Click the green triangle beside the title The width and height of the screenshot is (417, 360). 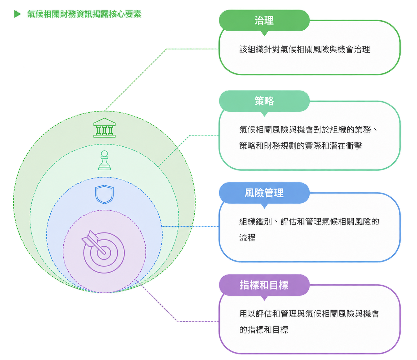coord(18,14)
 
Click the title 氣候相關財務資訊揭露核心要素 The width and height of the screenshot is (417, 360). coord(84,14)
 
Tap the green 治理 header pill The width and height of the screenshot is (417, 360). coord(264,21)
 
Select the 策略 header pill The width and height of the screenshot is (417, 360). coord(264,101)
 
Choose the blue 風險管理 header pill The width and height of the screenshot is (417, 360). coord(264,193)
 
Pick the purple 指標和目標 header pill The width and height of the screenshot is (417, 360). coord(264,285)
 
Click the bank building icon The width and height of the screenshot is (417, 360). coord(104,128)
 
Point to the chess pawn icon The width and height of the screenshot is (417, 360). coord(104,160)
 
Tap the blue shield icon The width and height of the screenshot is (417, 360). coord(104,195)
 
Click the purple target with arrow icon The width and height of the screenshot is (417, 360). coord(103,252)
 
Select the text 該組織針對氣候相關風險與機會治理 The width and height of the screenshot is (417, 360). coord(304,49)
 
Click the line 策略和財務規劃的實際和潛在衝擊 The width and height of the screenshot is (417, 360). coord(300,146)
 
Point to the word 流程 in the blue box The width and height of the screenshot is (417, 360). coord(247,238)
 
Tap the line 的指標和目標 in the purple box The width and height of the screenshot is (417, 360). coord(264,330)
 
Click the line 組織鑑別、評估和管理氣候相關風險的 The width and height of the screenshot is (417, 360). coord(309,222)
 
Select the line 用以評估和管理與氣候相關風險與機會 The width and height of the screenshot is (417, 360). coord(309,314)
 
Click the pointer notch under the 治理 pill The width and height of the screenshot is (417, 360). coord(264,34)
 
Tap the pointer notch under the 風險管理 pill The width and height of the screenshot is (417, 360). coord(264,206)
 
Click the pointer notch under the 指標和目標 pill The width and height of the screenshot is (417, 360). coord(264,298)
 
